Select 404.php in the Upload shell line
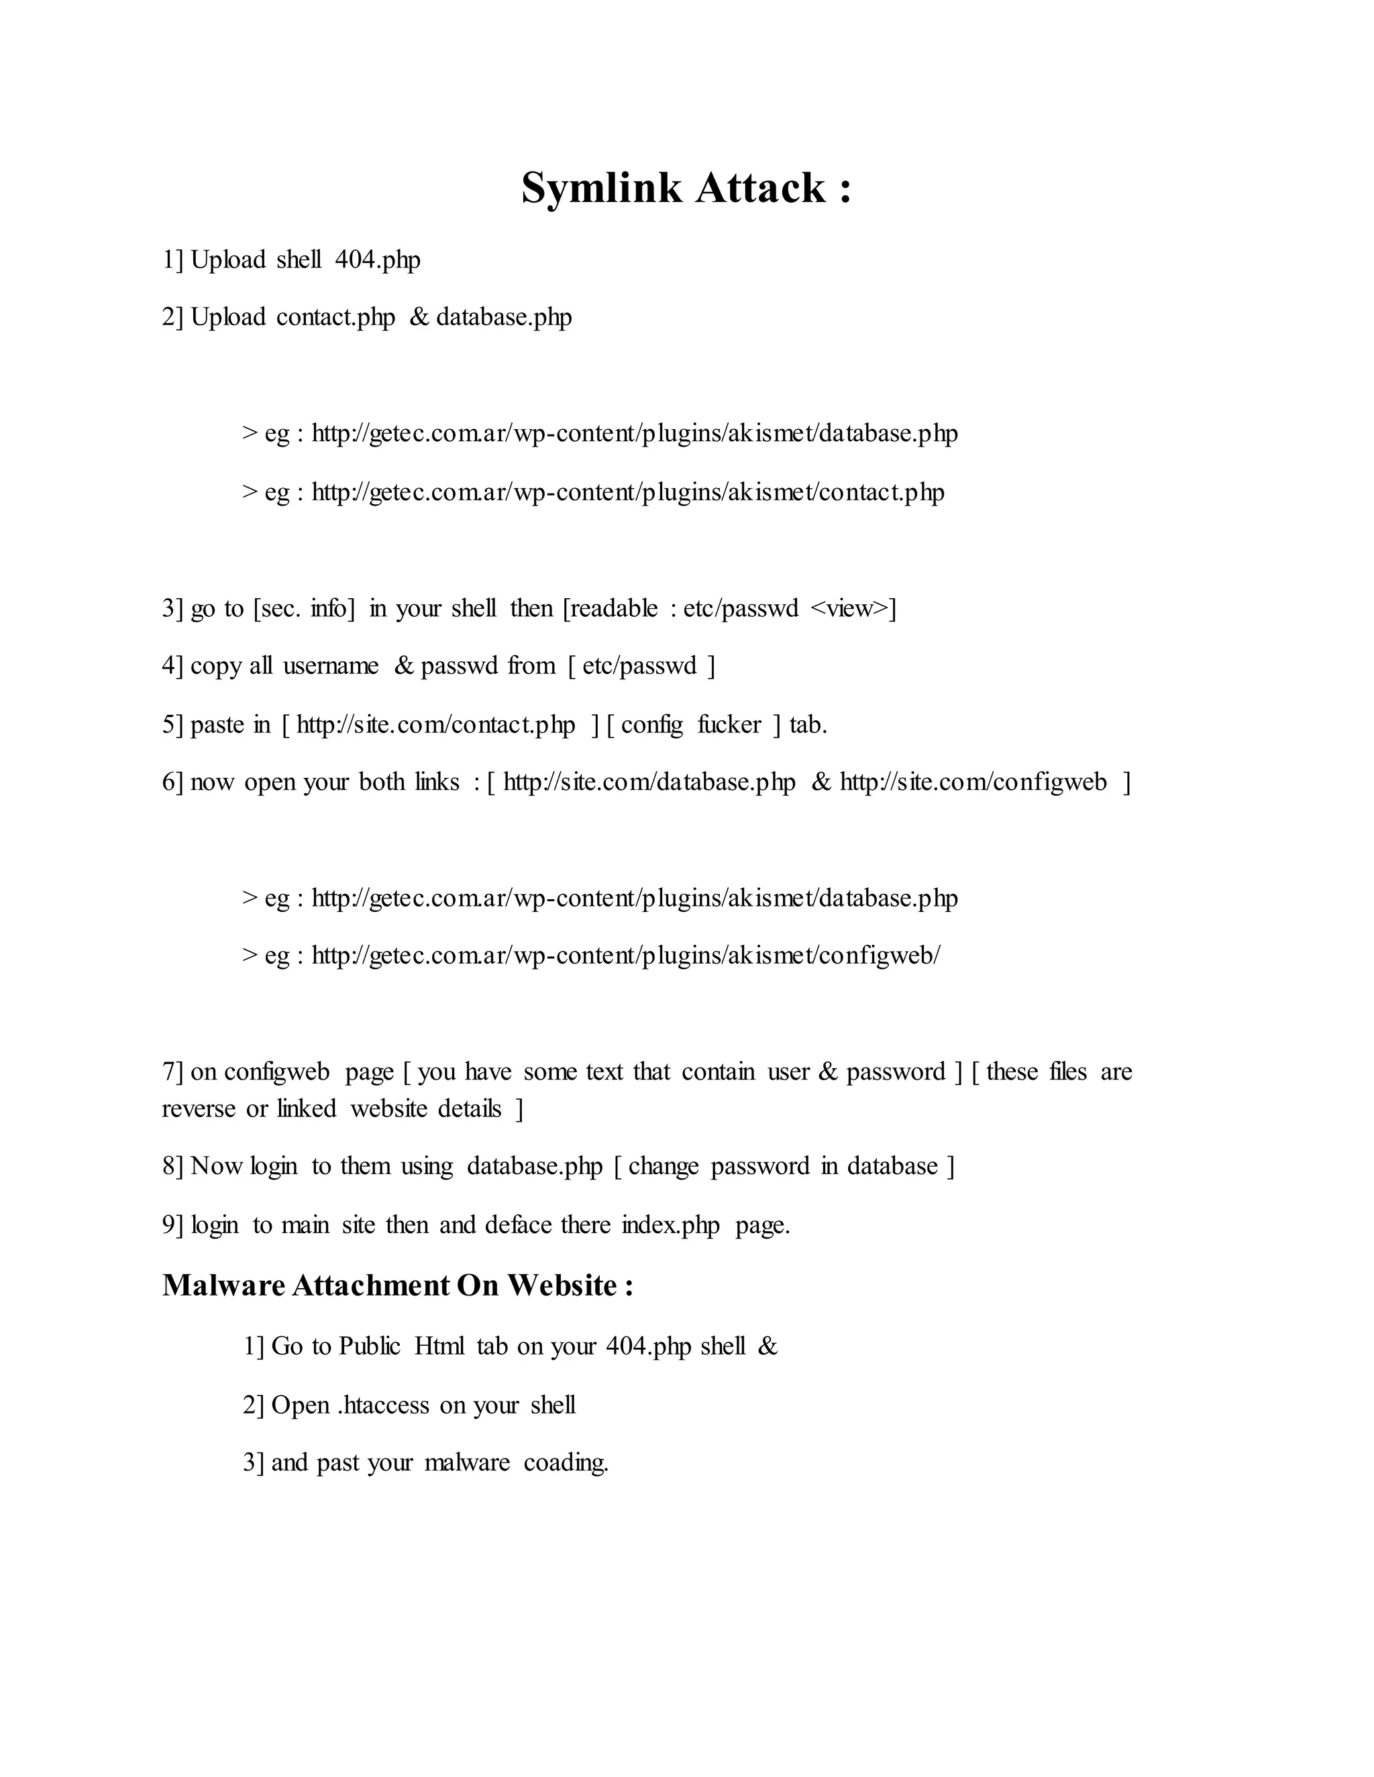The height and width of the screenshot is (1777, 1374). pyautogui.click(x=378, y=260)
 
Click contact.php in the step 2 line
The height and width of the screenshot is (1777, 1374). pyautogui.click(x=335, y=317)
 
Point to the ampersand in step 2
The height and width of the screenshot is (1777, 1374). pyautogui.click(x=419, y=317)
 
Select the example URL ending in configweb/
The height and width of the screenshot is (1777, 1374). pyautogui.click(x=625, y=954)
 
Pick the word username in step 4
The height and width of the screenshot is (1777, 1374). pyautogui.click(x=331, y=666)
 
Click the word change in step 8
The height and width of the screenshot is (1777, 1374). pyautogui.click(x=664, y=1166)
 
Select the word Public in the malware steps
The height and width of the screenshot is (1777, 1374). pyautogui.click(x=370, y=1346)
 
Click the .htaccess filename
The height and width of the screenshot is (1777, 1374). pyautogui.click(x=383, y=1405)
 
